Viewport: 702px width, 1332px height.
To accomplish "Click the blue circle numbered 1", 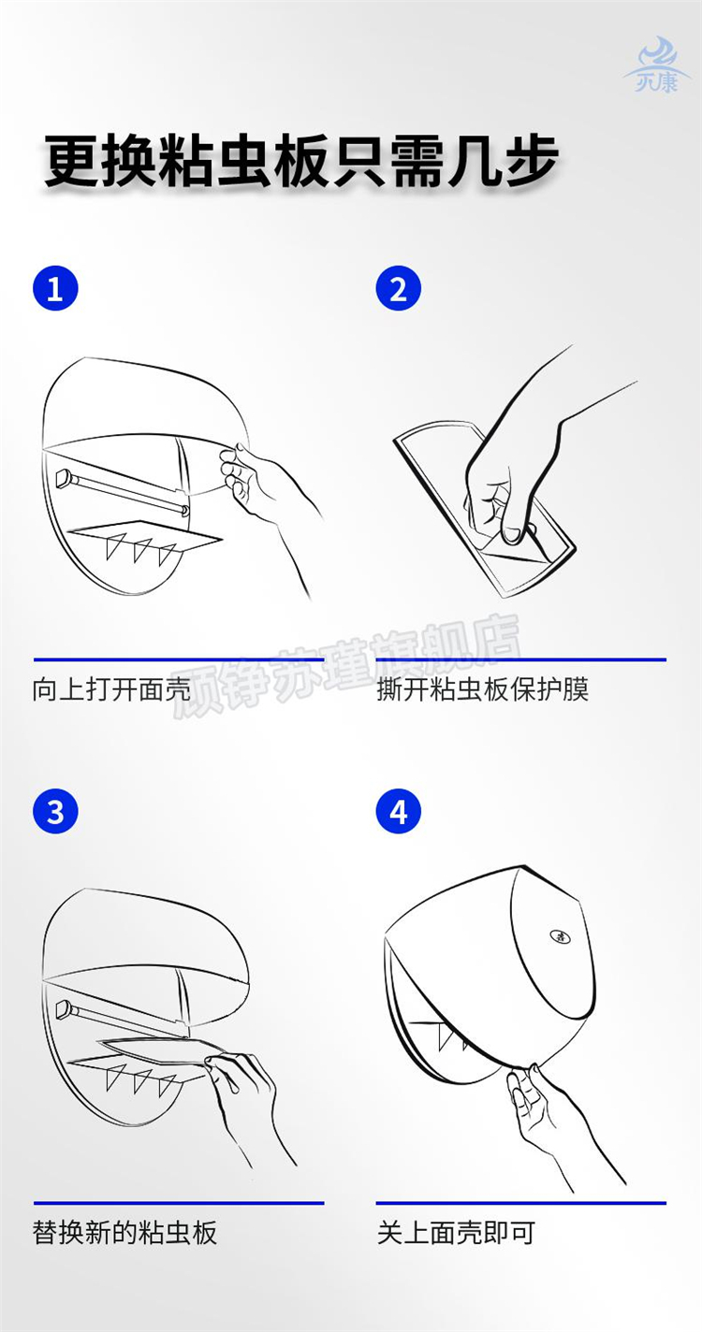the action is coord(55,288).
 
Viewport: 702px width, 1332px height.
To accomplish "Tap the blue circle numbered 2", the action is coord(398,288).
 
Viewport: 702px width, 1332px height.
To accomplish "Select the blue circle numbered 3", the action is coord(55,811).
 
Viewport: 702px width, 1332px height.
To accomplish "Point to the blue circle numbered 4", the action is coord(398,811).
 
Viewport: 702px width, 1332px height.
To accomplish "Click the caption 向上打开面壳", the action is coord(111,689).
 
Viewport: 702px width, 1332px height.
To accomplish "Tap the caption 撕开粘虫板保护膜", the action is coord(482,689).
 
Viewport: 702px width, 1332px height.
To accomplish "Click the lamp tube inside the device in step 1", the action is coord(122,491).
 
